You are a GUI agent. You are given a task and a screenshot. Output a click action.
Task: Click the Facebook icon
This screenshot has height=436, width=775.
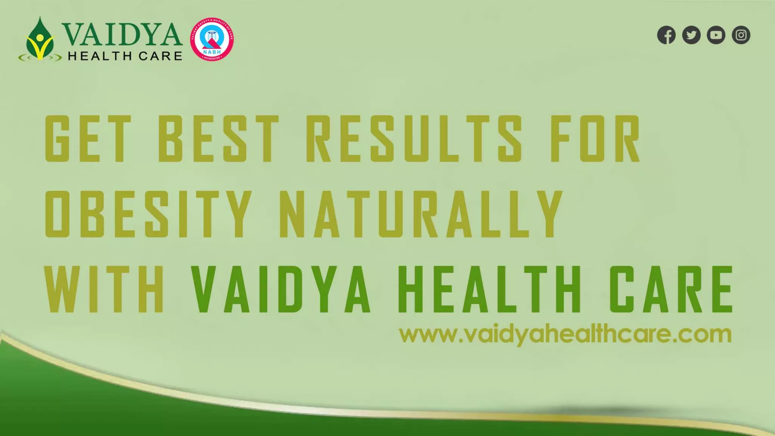[666, 35]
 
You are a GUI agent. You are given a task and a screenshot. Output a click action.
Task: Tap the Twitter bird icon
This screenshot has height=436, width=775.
[691, 35]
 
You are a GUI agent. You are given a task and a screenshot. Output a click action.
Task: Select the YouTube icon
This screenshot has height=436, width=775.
[716, 35]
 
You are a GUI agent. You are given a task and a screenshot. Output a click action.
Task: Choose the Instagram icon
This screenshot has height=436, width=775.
[741, 35]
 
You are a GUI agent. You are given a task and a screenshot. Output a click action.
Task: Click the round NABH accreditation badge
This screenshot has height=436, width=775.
[212, 39]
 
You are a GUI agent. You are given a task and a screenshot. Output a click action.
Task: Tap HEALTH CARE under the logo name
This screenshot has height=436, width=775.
[125, 56]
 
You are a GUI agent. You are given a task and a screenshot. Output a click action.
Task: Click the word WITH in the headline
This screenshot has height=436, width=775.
[104, 289]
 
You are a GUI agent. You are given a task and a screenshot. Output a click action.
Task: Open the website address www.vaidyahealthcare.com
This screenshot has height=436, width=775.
[565, 335]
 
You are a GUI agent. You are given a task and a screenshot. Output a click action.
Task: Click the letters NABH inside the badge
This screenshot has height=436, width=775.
[212, 51]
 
